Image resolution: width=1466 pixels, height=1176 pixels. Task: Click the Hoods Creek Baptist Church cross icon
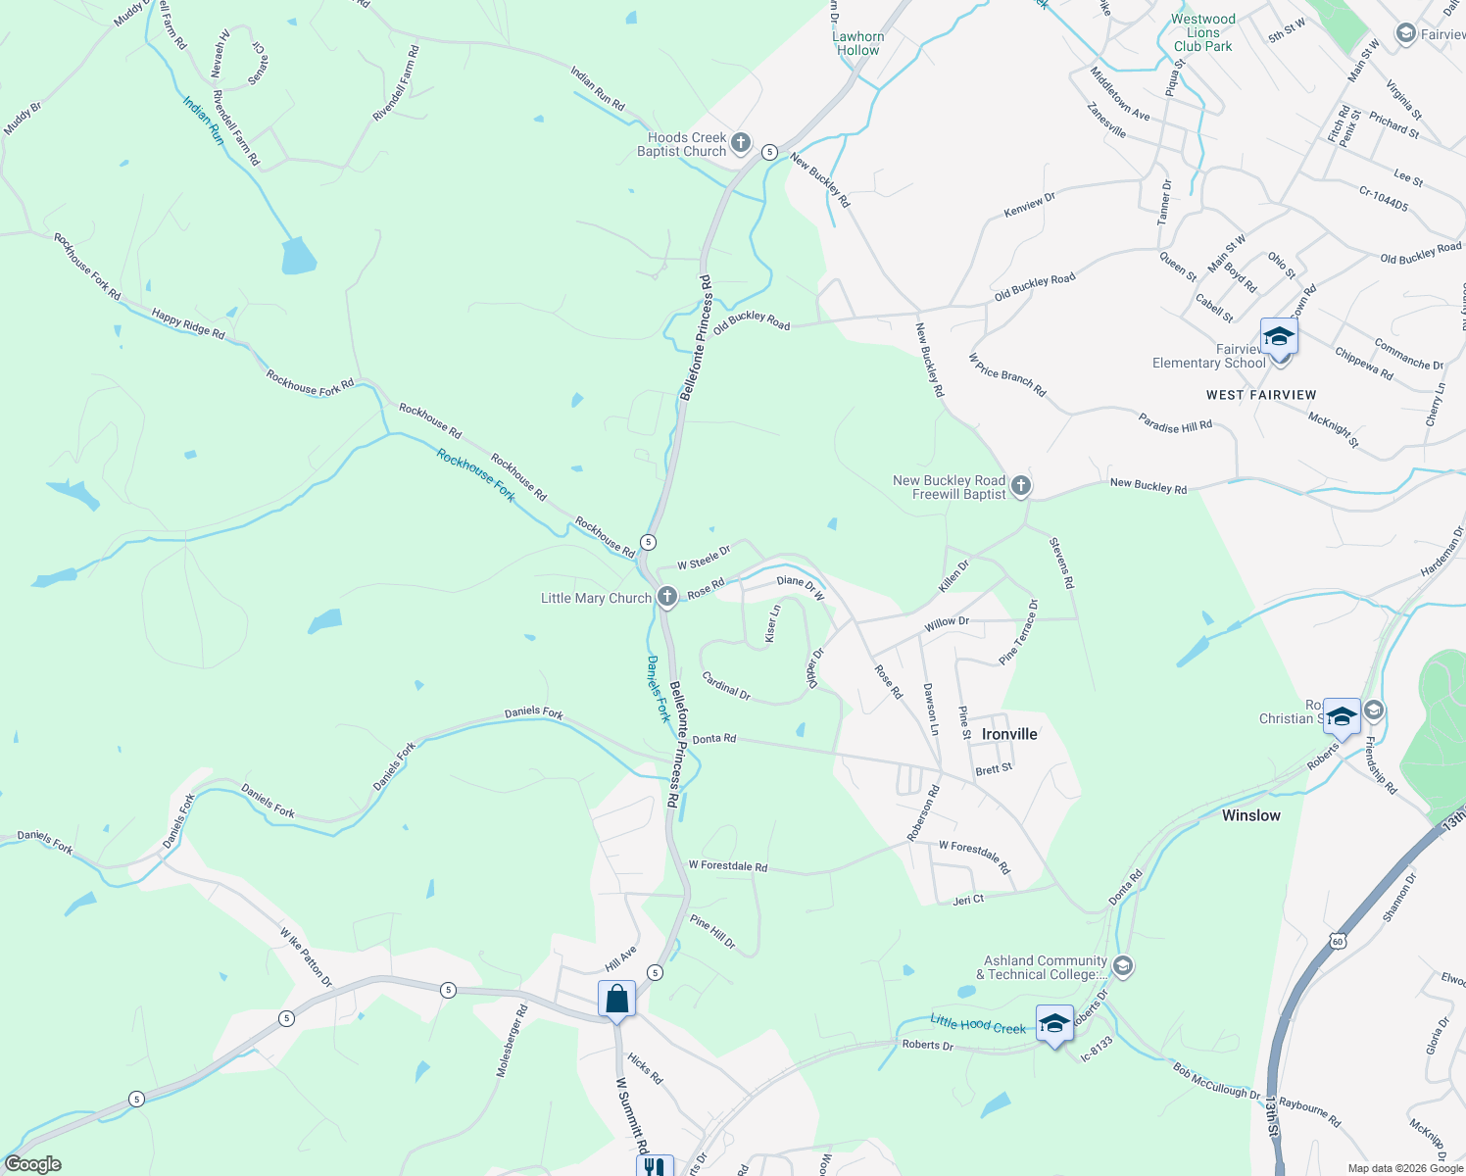pos(741,144)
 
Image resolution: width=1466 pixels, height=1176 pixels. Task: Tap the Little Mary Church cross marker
pos(666,597)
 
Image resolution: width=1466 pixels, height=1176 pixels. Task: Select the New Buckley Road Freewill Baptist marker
pos(1020,486)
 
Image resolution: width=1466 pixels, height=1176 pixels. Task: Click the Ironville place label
pos(1009,734)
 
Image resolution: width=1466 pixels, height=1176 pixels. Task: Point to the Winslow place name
pos(1250,815)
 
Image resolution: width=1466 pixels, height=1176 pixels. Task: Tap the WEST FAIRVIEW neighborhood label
pos(1261,395)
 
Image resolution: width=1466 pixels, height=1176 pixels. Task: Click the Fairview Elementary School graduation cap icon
pos(1279,337)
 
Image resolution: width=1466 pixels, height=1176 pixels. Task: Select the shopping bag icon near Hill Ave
pos(617,1000)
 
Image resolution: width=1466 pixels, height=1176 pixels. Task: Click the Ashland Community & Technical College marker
pos(1123,967)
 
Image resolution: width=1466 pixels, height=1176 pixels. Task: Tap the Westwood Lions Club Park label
pos(1203,32)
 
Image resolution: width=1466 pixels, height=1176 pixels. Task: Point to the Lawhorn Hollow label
pos(858,43)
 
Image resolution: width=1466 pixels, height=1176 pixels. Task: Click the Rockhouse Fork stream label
pos(476,474)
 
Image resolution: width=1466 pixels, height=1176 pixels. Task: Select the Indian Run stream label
pos(204,121)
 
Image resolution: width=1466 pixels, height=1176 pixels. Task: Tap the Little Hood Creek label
pos(978,1024)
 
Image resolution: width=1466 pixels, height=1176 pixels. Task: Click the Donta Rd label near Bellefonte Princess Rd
pos(713,738)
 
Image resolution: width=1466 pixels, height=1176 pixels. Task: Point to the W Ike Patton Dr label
pos(306,957)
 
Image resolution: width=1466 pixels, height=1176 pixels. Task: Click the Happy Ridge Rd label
pos(188,323)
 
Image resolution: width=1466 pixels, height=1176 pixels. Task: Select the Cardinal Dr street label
pos(726,686)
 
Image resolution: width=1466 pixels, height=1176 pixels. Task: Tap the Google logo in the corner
pos(32,1164)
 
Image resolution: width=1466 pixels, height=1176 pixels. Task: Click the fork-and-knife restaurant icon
pos(655,1166)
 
